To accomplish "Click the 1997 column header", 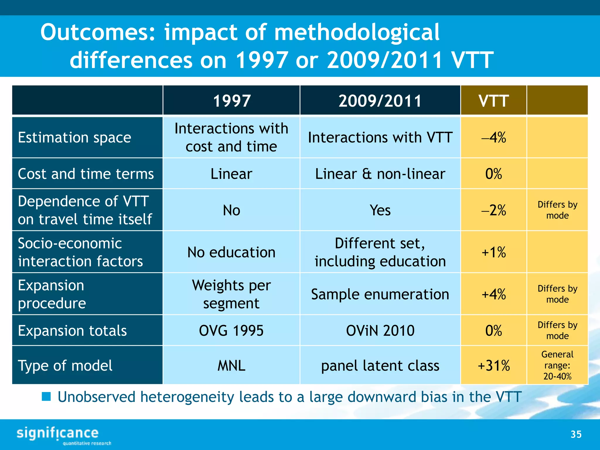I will click(x=231, y=100).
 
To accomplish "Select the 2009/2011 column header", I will click(x=380, y=100).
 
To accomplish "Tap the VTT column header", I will click(x=493, y=100).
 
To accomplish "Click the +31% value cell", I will click(x=494, y=365).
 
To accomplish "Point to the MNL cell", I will click(x=231, y=365).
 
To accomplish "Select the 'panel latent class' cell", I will click(x=380, y=365).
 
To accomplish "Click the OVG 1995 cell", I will click(x=231, y=330).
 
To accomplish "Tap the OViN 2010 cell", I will click(x=380, y=330).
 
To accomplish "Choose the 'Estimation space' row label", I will click(x=74, y=137).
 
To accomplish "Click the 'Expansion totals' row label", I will click(x=72, y=330).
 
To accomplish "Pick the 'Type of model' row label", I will click(x=65, y=365).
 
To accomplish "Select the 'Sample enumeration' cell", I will click(x=380, y=294).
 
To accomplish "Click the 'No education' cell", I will click(x=231, y=252).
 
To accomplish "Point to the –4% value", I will click(x=494, y=137).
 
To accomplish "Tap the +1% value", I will click(x=494, y=252).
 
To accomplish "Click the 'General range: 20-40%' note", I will click(x=557, y=365).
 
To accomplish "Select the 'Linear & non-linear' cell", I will click(x=380, y=174).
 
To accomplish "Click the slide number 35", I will click(x=576, y=434).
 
